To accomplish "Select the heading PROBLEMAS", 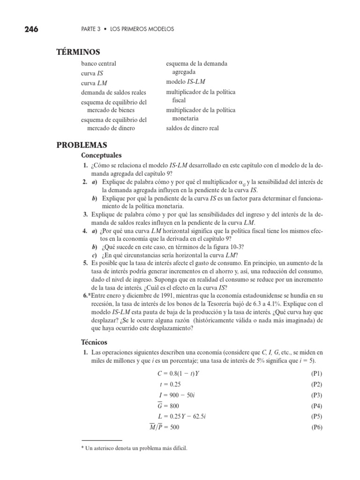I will click(82, 145).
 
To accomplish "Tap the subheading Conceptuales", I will click(101, 155).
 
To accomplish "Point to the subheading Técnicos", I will click(94, 342).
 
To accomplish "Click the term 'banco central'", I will click(98, 63).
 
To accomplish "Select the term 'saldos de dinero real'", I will click(192, 128).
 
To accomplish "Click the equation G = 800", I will click(168, 406).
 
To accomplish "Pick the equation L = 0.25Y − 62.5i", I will click(181, 416).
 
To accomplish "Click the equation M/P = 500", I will click(164, 427).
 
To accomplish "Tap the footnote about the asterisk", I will click(134, 448).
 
